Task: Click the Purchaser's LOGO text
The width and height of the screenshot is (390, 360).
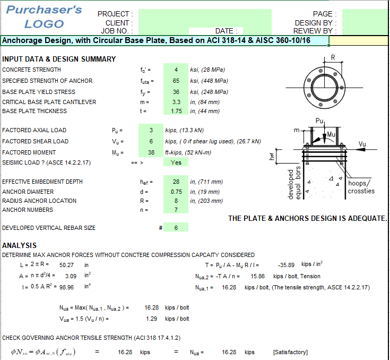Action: pyautogui.click(x=44, y=16)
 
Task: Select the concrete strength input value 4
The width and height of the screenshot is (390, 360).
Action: pyautogui.click(x=176, y=70)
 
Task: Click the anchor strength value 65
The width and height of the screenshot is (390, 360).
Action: pyautogui.click(x=176, y=81)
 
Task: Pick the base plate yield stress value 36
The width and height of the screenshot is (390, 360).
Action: pyautogui.click(x=176, y=92)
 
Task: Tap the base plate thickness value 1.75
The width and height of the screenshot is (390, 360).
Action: pyautogui.click(x=176, y=111)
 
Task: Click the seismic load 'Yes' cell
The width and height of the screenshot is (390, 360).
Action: pyautogui.click(x=176, y=162)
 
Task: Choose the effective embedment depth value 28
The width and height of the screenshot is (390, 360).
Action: pyautogui.click(x=176, y=182)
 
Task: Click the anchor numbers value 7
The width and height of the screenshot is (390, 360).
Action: pyautogui.click(x=176, y=210)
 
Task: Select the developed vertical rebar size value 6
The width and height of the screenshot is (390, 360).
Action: pyautogui.click(x=176, y=228)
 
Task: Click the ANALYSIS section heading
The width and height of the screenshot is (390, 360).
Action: pyautogui.click(x=20, y=245)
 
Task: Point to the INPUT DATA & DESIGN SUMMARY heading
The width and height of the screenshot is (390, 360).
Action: pyautogui.click(x=59, y=59)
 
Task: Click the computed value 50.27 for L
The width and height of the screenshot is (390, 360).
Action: pyautogui.click(x=67, y=264)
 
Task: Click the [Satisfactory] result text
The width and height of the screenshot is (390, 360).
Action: pyautogui.click(x=290, y=352)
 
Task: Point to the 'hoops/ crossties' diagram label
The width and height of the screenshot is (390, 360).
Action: pyautogui.click(x=361, y=187)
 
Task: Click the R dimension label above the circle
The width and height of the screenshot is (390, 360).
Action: pyautogui.click(x=333, y=57)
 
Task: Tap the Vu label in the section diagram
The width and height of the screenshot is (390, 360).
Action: pyautogui.click(x=362, y=144)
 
